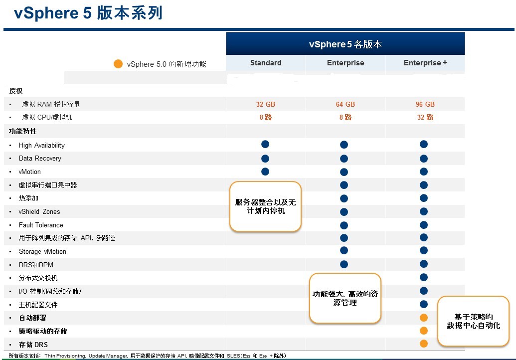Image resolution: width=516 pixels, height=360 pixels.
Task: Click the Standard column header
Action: pos(266,62)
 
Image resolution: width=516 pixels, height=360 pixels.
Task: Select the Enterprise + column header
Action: pos(425,62)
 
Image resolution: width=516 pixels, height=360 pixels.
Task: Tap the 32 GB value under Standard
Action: pos(266,104)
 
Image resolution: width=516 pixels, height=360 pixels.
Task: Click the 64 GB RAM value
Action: pos(345,104)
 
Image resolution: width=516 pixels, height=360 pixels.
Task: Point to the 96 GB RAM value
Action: pos(425,104)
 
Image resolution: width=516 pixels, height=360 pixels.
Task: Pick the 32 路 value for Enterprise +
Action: pos(425,117)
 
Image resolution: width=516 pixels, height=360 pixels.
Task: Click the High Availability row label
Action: pos(41,145)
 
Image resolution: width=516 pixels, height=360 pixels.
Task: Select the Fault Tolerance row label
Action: pos(41,225)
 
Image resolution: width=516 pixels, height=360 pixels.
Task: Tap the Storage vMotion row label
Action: pos(42,251)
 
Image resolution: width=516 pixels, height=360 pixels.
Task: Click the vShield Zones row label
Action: pos(39,211)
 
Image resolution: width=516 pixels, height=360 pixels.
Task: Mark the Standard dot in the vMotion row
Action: pos(265,172)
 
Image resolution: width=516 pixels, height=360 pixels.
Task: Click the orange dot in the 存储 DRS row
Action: pos(424,344)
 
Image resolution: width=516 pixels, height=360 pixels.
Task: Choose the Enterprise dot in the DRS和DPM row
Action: pos(344,264)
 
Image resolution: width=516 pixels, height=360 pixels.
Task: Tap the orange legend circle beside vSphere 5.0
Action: pos(118,64)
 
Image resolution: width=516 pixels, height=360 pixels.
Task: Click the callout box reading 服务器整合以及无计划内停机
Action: pos(265,206)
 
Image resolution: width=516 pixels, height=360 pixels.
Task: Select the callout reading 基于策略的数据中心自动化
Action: pos(473,321)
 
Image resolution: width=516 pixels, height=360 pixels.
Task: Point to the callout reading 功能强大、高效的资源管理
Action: pos(345,298)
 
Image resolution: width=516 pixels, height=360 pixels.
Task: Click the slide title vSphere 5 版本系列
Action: pos(88,13)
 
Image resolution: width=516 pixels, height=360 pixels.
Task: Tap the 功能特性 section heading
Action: pos(23,131)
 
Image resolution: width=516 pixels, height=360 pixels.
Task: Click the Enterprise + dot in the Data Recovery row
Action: pos(424,159)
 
